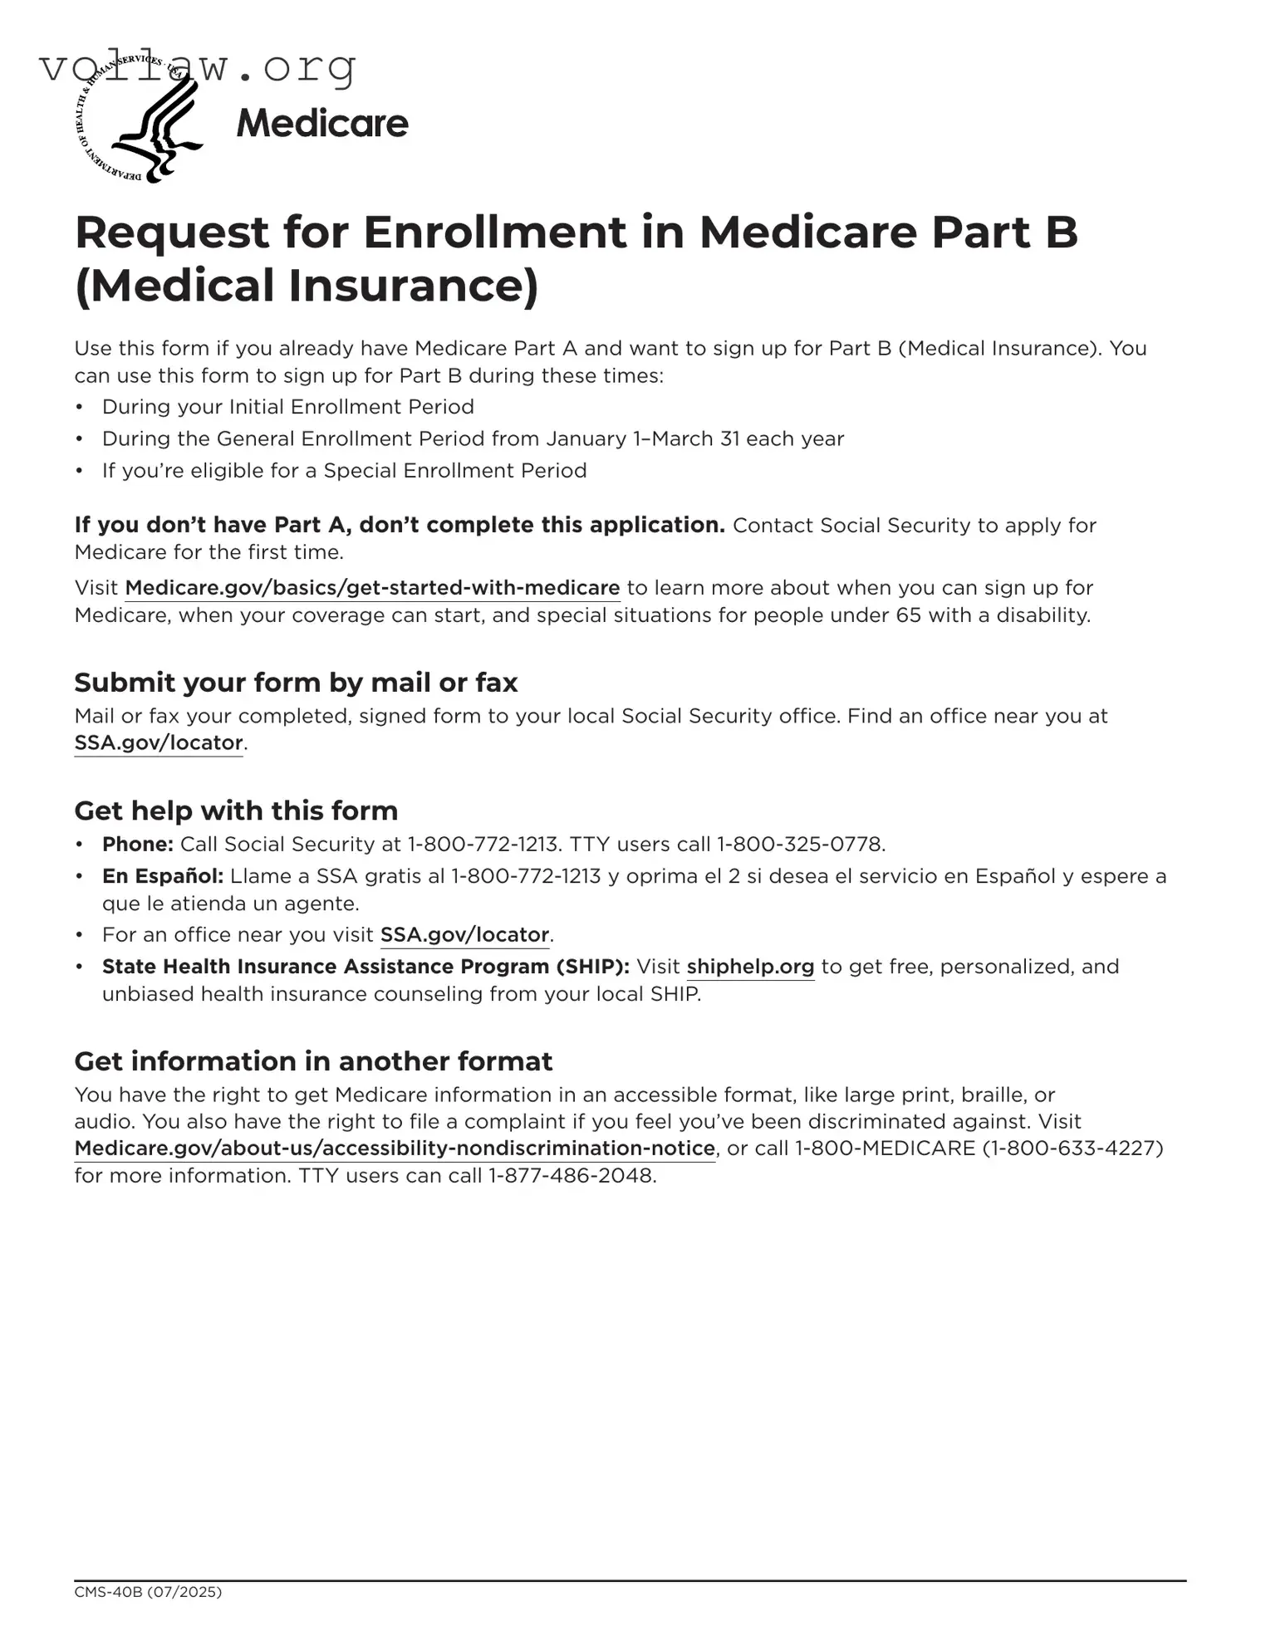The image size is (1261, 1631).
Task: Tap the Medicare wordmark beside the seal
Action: click(x=322, y=124)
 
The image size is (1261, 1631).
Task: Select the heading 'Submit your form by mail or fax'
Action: click(x=296, y=683)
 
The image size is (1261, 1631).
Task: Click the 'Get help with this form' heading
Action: click(x=236, y=811)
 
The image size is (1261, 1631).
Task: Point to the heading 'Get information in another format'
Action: click(x=313, y=1061)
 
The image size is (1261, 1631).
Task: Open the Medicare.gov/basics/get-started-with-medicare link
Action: click(x=372, y=588)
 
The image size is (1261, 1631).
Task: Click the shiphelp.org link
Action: click(x=750, y=967)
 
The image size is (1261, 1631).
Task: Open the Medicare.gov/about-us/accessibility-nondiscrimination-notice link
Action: click(x=395, y=1149)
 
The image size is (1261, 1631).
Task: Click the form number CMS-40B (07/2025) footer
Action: click(x=148, y=1592)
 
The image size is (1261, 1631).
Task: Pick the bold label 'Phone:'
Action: click(x=137, y=845)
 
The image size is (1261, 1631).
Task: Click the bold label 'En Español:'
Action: click(x=163, y=876)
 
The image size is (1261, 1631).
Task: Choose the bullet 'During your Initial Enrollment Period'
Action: click(x=287, y=407)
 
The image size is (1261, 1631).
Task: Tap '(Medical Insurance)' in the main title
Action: click(x=307, y=285)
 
